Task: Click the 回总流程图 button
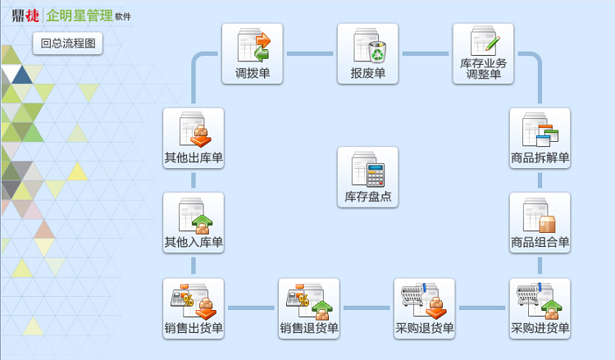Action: pyautogui.click(x=68, y=43)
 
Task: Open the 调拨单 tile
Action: pyautogui.click(x=253, y=53)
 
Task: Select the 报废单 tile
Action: pyautogui.click(x=367, y=53)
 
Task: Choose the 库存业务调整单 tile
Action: pyautogui.click(x=483, y=53)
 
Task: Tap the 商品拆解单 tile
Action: pyautogui.click(x=540, y=138)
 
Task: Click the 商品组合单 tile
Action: pyautogui.click(x=540, y=222)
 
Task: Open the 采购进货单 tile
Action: pyautogui.click(x=540, y=308)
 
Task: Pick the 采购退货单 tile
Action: pyautogui.click(x=424, y=308)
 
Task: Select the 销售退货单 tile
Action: pyautogui.click(x=308, y=308)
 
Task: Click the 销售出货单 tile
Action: pyautogui.click(x=194, y=308)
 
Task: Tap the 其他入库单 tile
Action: pyautogui.click(x=194, y=222)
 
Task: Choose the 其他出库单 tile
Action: pyautogui.click(x=194, y=138)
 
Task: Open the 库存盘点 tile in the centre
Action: pyautogui.click(x=367, y=176)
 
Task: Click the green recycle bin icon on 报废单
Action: pyautogui.click(x=377, y=52)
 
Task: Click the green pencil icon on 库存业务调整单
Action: pyautogui.click(x=493, y=42)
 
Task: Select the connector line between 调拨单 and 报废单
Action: pyautogui.click(x=310, y=54)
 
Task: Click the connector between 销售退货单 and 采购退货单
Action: pyautogui.click(x=367, y=308)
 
